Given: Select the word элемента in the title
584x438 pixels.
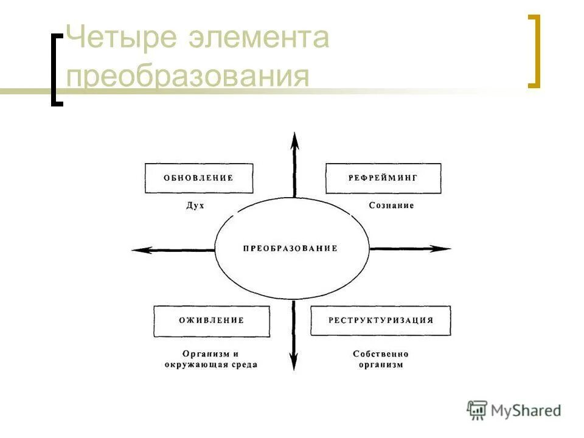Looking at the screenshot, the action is (x=259, y=38).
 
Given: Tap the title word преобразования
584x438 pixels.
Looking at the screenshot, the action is (x=188, y=77).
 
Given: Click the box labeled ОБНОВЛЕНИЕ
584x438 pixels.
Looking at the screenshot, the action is (x=198, y=178).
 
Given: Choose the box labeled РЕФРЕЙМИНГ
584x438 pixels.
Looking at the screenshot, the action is (x=383, y=178).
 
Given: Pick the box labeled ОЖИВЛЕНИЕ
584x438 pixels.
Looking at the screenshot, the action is (x=211, y=321).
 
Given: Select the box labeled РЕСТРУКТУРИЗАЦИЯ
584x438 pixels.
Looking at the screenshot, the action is (x=381, y=321).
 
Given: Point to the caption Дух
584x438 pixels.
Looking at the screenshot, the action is (x=195, y=206).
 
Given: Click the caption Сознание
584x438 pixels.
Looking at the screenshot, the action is (x=391, y=206).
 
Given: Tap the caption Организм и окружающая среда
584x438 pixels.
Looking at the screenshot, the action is (x=210, y=359).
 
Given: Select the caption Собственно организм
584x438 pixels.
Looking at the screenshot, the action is (x=381, y=359).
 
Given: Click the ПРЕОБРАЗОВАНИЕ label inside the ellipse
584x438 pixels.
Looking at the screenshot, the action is (x=290, y=249).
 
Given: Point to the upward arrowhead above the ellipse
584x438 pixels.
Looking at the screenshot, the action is (x=294, y=140).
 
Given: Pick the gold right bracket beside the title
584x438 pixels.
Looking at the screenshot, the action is (x=534, y=52).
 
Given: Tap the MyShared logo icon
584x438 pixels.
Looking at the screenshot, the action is (x=478, y=409).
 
